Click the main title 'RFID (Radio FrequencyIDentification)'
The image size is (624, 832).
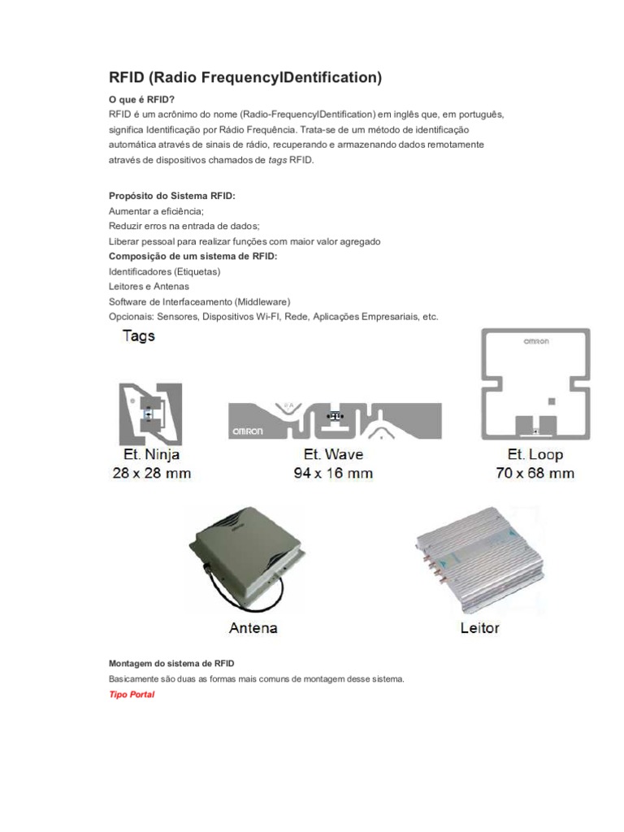tap(245, 78)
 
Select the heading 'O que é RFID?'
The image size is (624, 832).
tap(141, 99)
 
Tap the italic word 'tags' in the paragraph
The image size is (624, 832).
tap(277, 160)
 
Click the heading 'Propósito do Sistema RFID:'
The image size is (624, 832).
tap(172, 197)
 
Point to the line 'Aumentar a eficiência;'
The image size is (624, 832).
tap(156, 211)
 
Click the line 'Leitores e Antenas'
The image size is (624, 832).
tap(149, 286)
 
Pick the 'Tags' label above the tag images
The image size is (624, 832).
tap(138, 336)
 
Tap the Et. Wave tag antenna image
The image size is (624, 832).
tap(335, 419)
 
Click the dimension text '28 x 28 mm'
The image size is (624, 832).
tap(151, 473)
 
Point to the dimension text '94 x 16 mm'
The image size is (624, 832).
tap(333, 473)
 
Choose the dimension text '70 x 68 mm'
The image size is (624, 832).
tap(535, 473)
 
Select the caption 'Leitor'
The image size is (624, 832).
tap(479, 627)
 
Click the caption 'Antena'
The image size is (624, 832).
tap(253, 627)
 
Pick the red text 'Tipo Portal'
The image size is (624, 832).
tap(132, 695)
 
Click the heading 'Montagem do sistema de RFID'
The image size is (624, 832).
tap(171, 664)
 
